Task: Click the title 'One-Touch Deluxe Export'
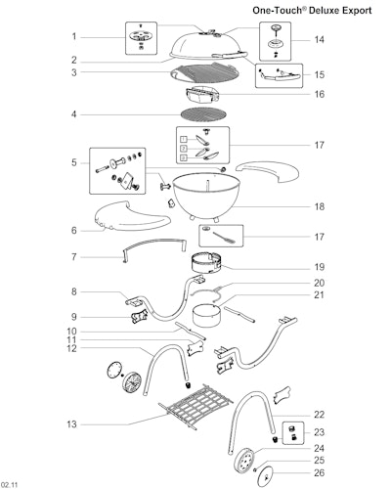point(312,10)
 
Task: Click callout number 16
point(320,94)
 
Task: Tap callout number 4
point(74,114)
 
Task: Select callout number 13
point(71,424)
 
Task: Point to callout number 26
point(320,472)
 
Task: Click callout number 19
point(320,267)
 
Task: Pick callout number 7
point(74,257)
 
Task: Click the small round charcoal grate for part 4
point(203,114)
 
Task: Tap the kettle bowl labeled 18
point(206,197)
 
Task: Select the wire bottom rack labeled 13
point(196,406)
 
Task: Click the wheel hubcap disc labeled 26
point(266,476)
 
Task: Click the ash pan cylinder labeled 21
point(205,315)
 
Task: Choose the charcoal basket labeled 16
point(202,95)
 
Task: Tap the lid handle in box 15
point(280,76)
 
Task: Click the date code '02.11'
point(9,484)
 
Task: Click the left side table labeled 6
point(132,216)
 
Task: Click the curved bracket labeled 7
point(154,243)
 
